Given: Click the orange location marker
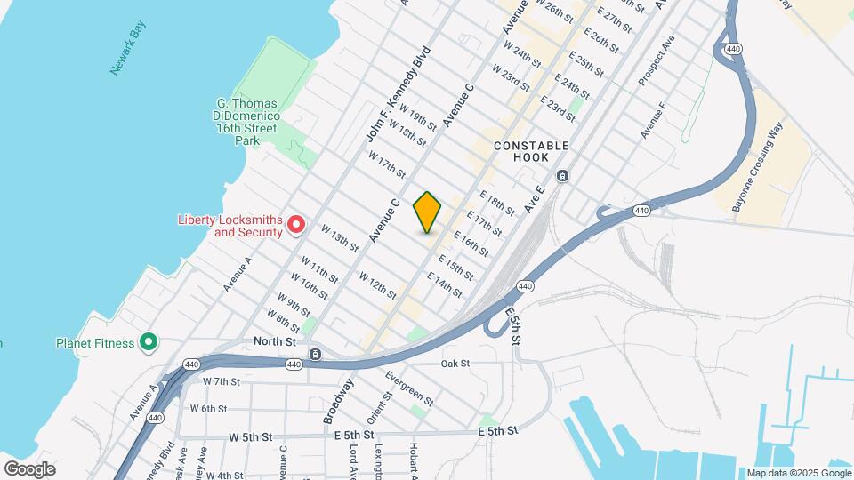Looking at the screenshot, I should pos(428,212).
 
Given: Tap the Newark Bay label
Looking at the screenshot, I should pos(126,52).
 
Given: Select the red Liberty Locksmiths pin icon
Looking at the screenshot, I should pos(297,226).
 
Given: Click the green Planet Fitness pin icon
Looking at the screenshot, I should pos(149,343).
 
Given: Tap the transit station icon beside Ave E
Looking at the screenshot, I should pos(562,175).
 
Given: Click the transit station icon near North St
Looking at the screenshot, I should pos(316,355).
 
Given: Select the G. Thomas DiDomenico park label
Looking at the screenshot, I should pos(248,122).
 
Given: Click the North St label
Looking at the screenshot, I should pos(273,341).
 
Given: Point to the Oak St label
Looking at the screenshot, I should pos(455,364).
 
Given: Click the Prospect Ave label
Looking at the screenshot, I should pos(657,60).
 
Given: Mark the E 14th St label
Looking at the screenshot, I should pos(445,284).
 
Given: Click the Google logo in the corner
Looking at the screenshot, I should pos(29,468).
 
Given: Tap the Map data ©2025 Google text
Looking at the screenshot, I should pos(797,473).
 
